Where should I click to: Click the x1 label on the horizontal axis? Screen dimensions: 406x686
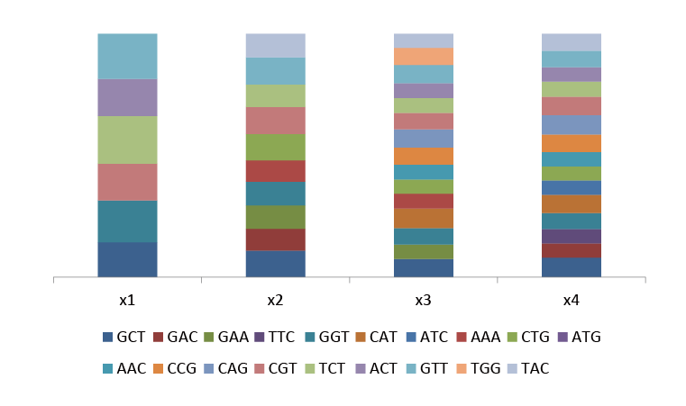(127, 300)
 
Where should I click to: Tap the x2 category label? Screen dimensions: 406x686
(275, 300)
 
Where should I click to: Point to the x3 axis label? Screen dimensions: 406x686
(423, 300)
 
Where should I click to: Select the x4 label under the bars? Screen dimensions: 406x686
(571, 300)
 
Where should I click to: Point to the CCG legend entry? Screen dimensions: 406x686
(176, 368)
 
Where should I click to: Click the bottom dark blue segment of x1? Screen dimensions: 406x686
(127, 259)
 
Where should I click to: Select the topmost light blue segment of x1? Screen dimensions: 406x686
(127, 56)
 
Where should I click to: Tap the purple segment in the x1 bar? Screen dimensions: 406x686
(127, 97)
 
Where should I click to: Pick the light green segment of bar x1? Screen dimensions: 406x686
(127, 140)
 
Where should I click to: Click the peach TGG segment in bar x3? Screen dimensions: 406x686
(423, 56)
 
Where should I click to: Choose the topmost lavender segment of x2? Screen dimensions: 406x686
(275, 45)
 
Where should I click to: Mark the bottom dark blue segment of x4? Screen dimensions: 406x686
(571, 266)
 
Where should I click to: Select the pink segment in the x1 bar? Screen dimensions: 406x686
(127, 182)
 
